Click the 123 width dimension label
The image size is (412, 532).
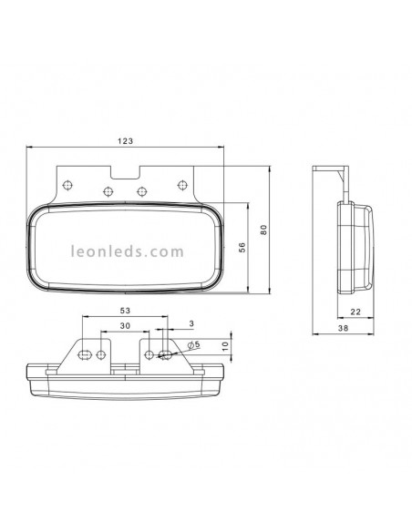point(127,140)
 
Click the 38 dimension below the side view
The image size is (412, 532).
point(344,330)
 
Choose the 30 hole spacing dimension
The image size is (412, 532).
point(124,325)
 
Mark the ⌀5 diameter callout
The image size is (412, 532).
point(192,345)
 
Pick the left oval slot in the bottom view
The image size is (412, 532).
point(84,353)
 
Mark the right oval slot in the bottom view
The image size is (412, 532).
point(164,353)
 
